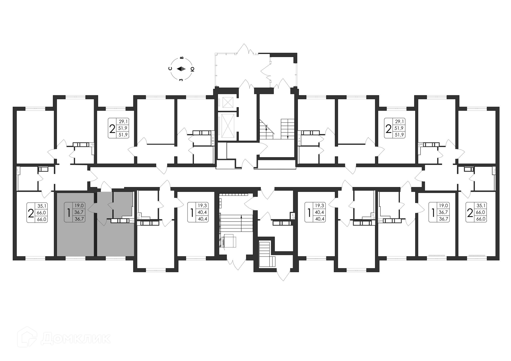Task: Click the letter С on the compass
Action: tap(170, 68)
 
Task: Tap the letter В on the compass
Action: tap(182, 57)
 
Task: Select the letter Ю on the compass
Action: tap(192, 69)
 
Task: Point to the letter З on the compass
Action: tap(181, 80)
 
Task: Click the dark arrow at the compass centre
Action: tap(182, 69)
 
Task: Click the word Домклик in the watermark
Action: tap(76, 339)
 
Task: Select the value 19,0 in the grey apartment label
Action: tap(79, 205)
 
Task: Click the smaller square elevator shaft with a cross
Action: tap(228, 102)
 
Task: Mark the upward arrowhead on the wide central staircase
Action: tap(241, 217)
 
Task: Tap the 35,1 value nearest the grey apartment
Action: tap(42, 206)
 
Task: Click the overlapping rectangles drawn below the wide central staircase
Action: tap(228, 241)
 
